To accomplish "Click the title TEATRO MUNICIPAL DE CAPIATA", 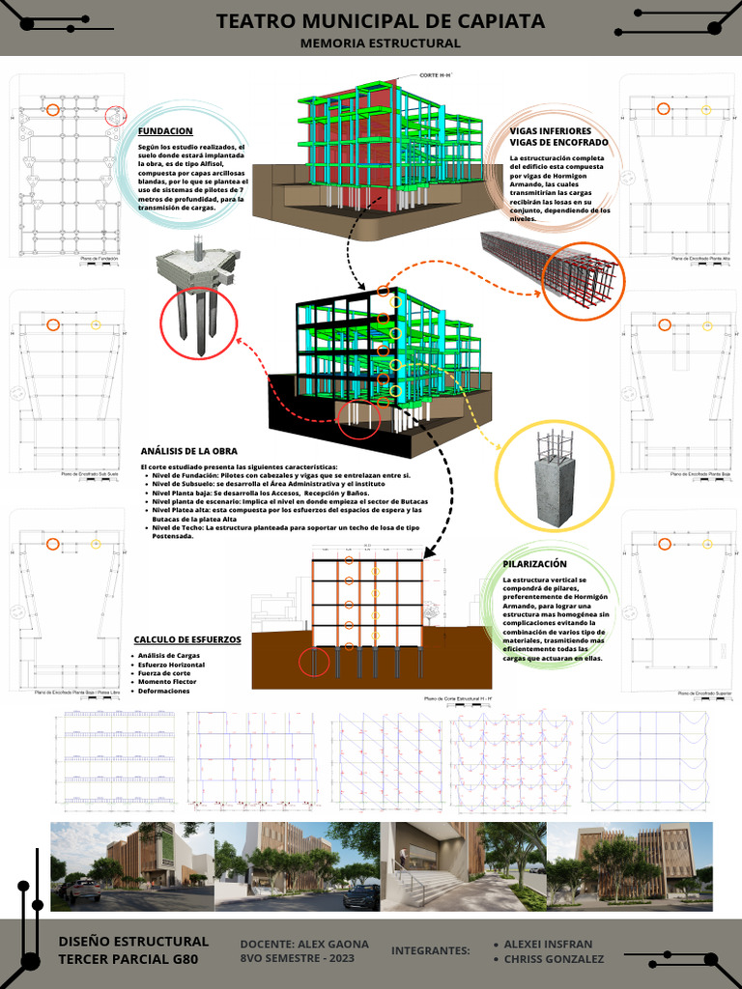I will [380, 21].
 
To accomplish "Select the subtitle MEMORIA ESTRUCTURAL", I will [380, 43].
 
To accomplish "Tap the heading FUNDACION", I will [165, 131].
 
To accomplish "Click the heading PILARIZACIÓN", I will [534, 564].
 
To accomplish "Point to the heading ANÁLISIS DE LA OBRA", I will [189, 451].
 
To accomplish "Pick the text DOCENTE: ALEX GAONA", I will [304, 944].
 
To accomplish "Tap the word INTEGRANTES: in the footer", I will [430, 951].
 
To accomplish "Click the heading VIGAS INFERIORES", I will [550, 131].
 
